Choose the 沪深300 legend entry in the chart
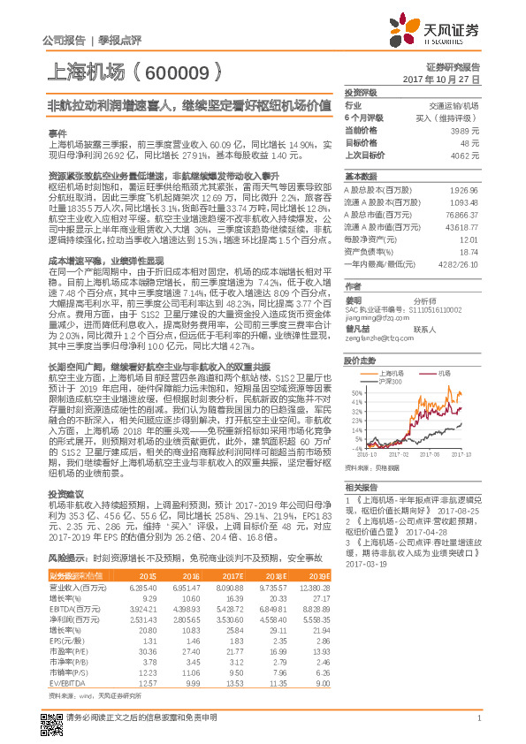click(390, 382)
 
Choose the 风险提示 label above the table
click(65, 558)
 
